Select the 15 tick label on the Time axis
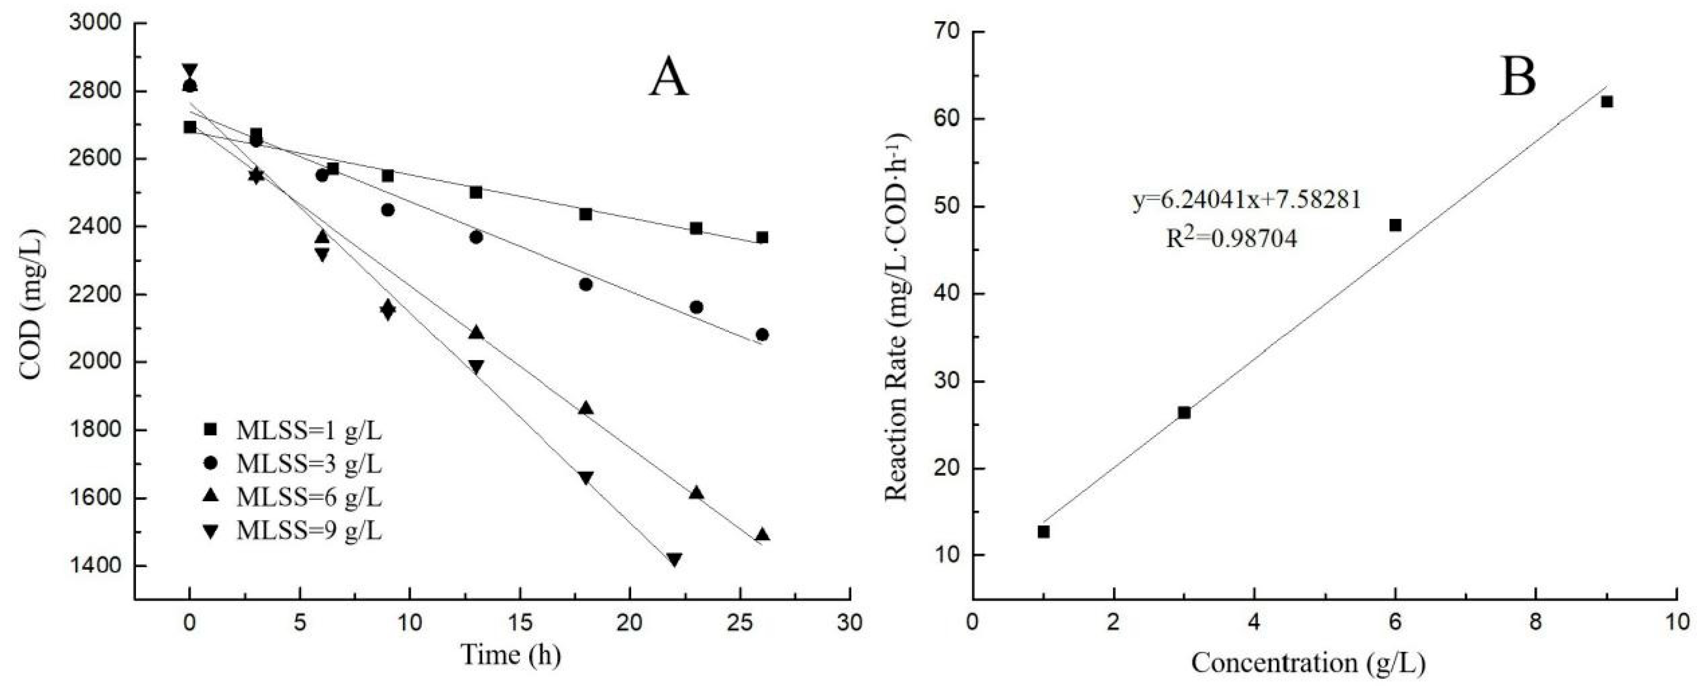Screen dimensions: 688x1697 click(x=520, y=622)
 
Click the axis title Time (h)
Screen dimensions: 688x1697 click(x=510, y=655)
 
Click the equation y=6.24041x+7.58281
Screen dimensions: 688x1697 click(x=1247, y=199)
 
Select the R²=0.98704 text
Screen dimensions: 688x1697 click(x=1231, y=238)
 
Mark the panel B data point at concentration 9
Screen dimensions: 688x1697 click(x=1607, y=101)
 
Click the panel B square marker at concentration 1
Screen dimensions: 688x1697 click(x=1044, y=531)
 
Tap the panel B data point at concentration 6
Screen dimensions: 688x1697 click(x=1395, y=225)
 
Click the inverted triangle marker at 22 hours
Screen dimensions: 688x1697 click(x=674, y=559)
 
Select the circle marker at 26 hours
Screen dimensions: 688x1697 click(x=762, y=334)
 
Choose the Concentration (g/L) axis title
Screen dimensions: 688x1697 click(x=1308, y=663)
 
